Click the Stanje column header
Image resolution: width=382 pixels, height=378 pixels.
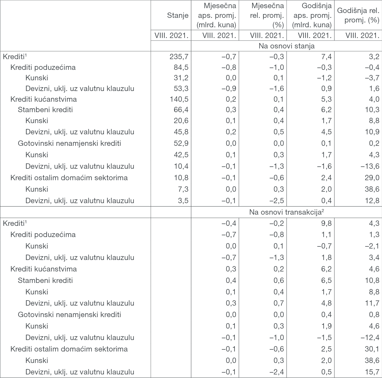178,15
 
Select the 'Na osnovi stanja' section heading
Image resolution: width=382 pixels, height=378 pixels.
286,46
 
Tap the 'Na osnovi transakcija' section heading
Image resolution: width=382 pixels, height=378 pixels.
286,212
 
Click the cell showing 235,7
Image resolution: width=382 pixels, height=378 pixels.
179,56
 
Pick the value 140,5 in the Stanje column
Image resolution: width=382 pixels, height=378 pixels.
179,99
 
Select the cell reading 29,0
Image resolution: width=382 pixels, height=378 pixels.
372,178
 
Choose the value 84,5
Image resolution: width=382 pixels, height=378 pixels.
181,67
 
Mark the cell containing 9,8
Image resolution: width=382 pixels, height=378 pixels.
326,223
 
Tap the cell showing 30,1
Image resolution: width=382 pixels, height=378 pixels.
372,349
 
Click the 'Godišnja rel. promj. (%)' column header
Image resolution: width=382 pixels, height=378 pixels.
358,15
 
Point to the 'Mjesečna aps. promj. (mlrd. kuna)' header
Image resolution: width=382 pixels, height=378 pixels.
217,15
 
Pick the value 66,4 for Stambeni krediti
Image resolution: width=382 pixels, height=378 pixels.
181,110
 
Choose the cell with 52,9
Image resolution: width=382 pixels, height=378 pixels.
181,143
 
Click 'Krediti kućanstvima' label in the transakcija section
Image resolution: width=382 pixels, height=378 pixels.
44,269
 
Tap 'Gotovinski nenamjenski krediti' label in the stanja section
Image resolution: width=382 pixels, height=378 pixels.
69,143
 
